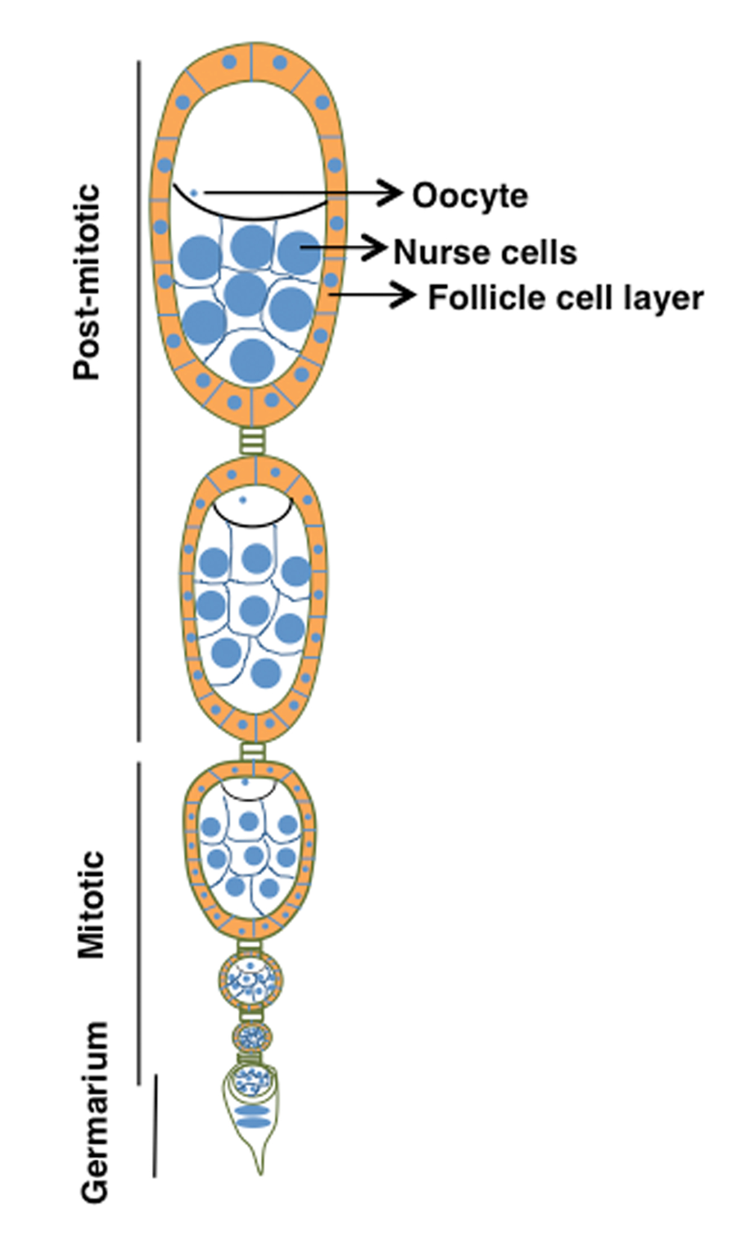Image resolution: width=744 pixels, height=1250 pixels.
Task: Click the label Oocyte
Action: click(x=470, y=195)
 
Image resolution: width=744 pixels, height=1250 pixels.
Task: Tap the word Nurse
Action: click(x=433, y=252)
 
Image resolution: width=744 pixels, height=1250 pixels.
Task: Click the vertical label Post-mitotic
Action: click(x=87, y=281)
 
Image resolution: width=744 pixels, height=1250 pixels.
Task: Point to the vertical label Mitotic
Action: click(x=91, y=905)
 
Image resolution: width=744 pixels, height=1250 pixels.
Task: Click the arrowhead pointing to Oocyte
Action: click(x=389, y=193)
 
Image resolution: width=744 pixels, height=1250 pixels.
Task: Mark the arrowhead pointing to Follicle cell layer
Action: click(x=403, y=295)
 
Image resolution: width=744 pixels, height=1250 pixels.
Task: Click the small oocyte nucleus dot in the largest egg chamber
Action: click(x=194, y=193)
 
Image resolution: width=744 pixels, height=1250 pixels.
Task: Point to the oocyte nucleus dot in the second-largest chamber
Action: click(x=242, y=499)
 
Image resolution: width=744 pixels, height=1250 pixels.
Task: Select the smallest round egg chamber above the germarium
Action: click(x=252, y=1036)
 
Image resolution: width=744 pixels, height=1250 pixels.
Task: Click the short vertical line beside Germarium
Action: click(x=154, y=1125)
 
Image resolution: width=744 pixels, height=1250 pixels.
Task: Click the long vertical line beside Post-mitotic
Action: click(x=138, y=401)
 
